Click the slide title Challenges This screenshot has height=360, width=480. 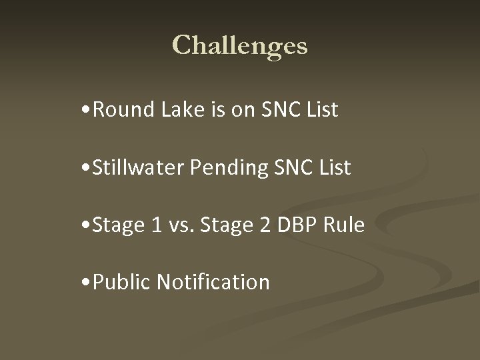pyautogui.click(x=240, y=46)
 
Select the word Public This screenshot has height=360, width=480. pyautogui.click(x=122, y=282)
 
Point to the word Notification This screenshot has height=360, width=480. pyautogui.click(x=213, y=282)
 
